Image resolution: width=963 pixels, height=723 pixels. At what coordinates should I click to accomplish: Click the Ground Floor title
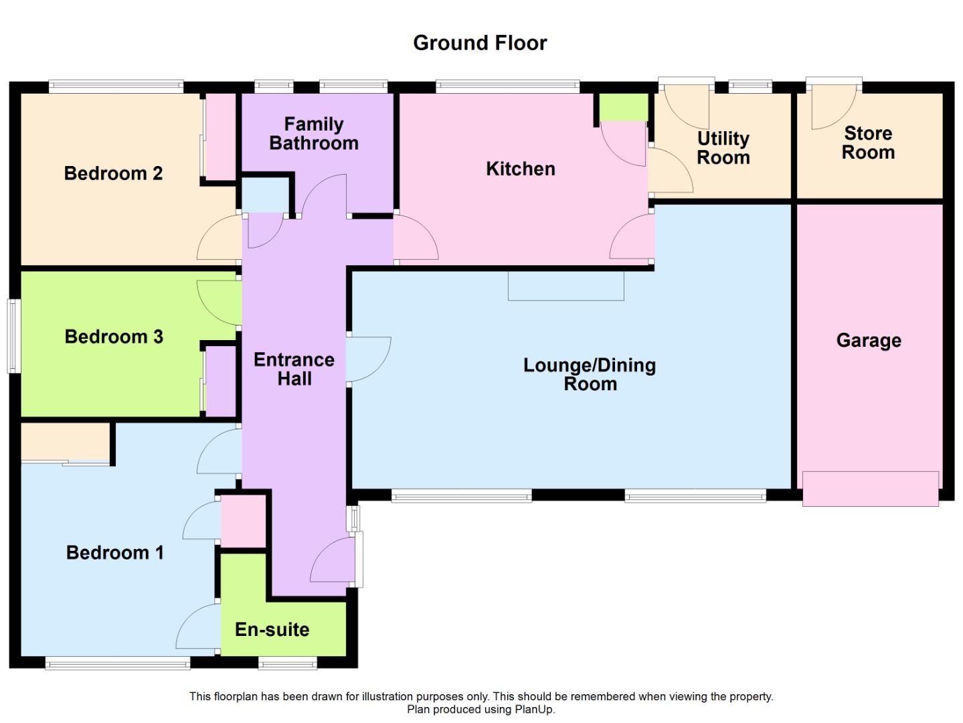coord(480,43)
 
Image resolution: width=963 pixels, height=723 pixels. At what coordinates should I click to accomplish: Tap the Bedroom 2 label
coord(113,173)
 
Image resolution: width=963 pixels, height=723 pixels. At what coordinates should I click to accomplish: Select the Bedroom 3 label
coord(114,337)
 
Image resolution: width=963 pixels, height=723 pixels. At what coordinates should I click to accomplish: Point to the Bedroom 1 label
coord(115,553)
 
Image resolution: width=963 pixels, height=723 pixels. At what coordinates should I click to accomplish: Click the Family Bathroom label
coord(314,133)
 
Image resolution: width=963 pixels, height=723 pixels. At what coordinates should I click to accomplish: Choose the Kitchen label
coord(521,169)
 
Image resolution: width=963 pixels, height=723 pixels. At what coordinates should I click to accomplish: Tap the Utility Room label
coord(723,148)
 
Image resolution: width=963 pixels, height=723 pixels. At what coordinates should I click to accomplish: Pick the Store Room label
coord(868,143)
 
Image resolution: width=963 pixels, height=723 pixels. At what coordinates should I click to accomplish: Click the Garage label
coord(869,341)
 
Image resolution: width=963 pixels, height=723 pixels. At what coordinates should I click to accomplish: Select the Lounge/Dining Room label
coord(590,374)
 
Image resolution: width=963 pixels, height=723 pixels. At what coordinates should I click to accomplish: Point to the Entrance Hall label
coord(294,369)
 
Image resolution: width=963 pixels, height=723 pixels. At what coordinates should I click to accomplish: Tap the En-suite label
coord(272,629)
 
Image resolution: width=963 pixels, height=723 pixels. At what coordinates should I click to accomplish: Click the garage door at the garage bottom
coord(871,489)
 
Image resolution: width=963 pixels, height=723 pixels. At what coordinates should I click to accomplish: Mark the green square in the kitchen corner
coord(624,107)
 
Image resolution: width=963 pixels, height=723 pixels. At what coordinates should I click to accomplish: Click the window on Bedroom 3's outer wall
coord(13,336)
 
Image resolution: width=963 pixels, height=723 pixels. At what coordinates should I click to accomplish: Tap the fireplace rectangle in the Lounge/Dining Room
coord(566,286)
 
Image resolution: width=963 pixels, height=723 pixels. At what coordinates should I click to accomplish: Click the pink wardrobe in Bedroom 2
coord(221,137)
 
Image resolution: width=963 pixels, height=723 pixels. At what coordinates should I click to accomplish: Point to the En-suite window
coord(288,663)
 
